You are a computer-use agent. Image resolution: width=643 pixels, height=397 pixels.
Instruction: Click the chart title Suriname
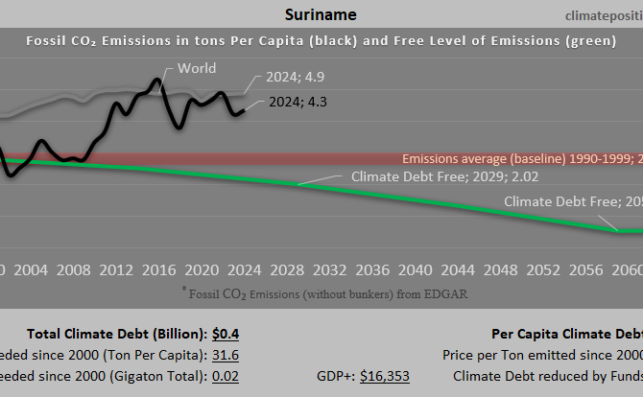point(322,14)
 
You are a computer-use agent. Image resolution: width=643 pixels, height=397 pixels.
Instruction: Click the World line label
point(197,68)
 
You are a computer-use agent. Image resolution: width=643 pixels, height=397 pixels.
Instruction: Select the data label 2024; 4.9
point(297,78)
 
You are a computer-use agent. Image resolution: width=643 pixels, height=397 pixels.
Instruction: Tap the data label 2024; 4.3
point(298,102)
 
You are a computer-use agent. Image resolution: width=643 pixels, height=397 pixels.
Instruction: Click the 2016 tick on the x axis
point(158,269)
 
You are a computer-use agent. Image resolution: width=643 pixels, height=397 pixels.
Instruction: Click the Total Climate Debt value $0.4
point(226,334)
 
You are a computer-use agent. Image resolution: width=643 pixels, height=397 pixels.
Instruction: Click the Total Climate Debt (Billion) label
point(116,334)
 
